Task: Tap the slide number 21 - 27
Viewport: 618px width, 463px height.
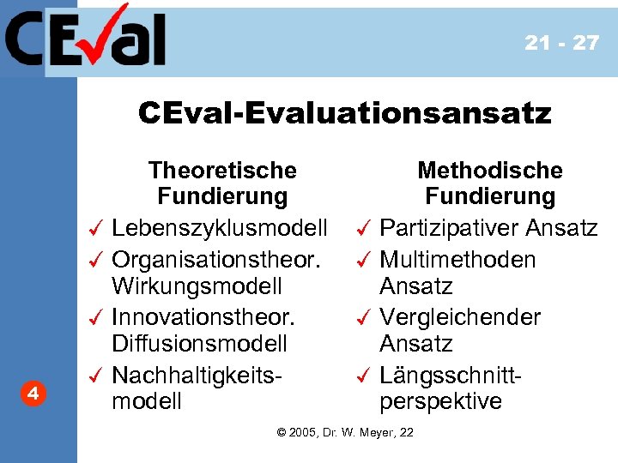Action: coord(562,43)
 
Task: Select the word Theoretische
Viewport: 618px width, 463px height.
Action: coord(222,171)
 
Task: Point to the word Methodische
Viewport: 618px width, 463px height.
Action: coord(490,171)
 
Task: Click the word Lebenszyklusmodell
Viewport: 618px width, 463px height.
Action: coord(220,229)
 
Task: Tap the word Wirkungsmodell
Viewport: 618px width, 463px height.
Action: coord(197,286)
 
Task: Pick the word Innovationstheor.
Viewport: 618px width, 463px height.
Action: coord(203,316)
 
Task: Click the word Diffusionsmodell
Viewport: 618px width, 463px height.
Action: coord(199,344)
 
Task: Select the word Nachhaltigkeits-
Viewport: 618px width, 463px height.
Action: coord(197,375)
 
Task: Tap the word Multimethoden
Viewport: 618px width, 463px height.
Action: coord(457,258)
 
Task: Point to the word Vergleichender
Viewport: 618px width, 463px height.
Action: coord(460,316)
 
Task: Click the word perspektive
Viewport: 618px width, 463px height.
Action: coord(440,401)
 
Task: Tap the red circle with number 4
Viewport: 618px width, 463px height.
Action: coord(32,394)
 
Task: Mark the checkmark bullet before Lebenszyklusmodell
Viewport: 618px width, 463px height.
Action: coord(96,229)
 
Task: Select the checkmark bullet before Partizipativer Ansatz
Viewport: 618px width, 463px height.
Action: coord(363,229)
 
